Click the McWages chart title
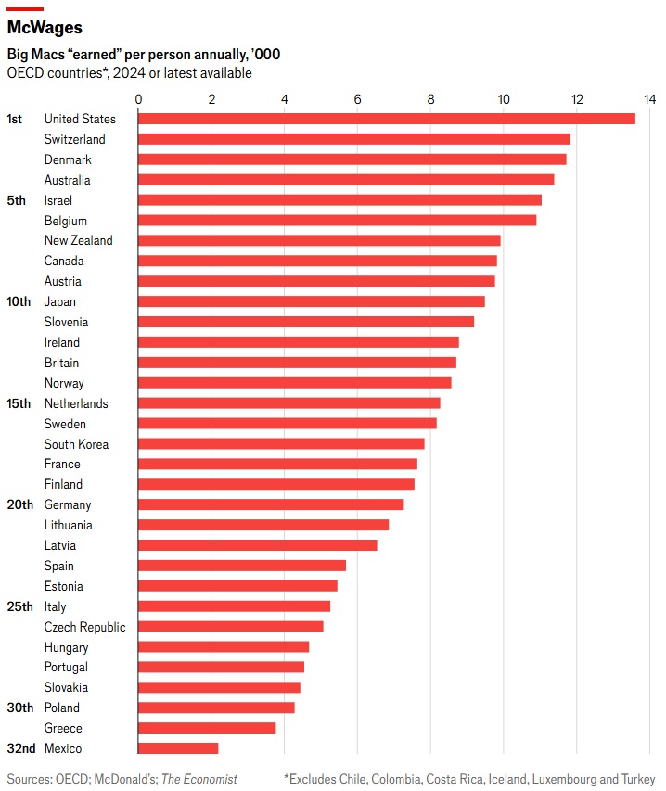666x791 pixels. [45, 29]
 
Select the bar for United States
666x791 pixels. [386, 119]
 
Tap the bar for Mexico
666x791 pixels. [178, 748]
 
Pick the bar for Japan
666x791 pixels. [311, 301]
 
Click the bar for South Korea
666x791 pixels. [281, 444]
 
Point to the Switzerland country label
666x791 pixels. [74, 139]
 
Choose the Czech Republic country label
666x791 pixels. [84, 627]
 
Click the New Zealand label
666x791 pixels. [78, 240]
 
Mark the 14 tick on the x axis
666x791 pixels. [649, 99]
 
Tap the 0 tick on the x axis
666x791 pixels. [138, 99]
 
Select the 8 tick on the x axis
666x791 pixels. [430, 99]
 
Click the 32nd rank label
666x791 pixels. [20, 748]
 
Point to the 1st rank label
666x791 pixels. [15, 119]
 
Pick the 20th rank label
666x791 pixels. [20, 504]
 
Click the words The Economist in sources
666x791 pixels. [201, 779]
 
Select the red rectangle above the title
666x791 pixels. [25, 9]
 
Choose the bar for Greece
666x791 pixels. [207, 728]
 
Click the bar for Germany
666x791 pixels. [271, 504]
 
